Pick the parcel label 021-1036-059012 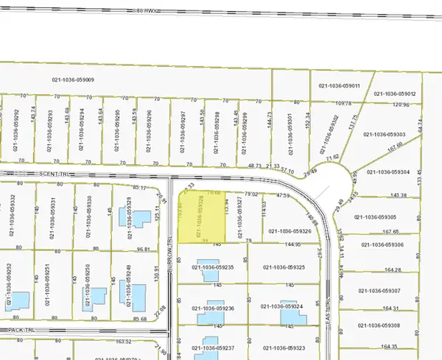click(395, 94)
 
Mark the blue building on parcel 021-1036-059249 click(137, 298)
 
